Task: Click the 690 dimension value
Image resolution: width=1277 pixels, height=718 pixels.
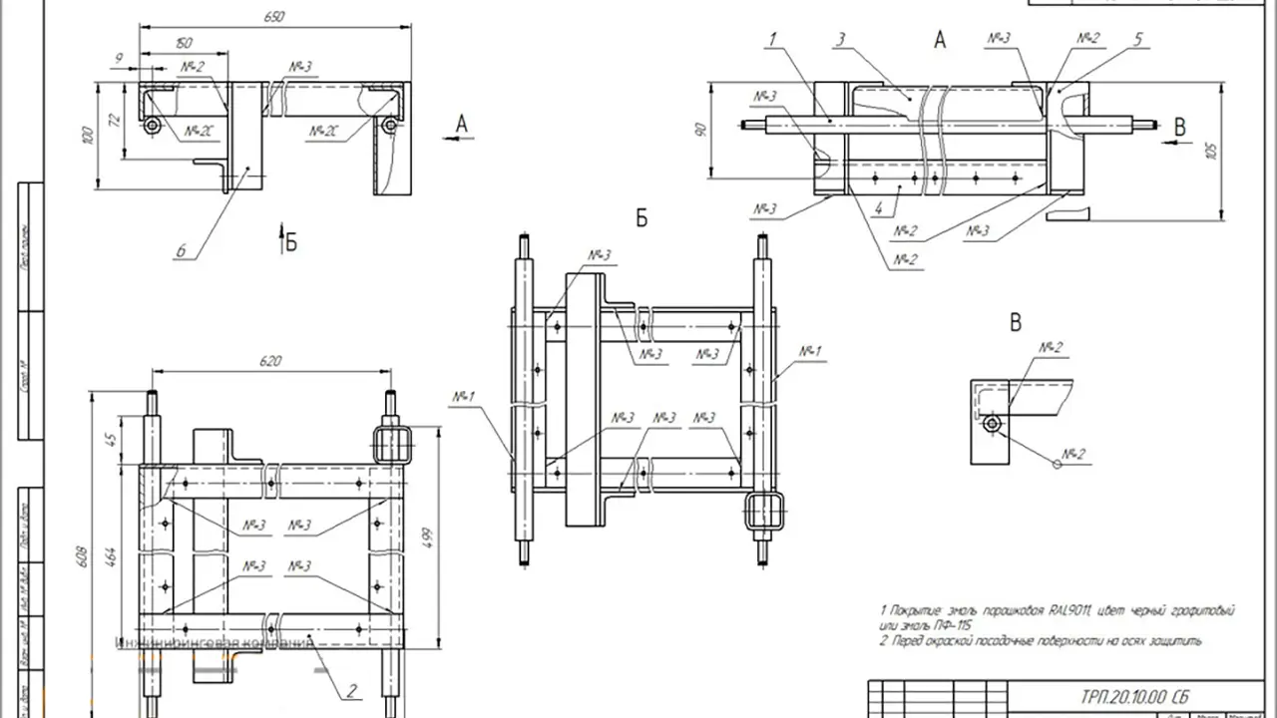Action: [276, 16]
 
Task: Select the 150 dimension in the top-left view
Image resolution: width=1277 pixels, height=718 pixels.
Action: [184, 44]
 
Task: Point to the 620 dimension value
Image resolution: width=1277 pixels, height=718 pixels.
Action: [270, 361]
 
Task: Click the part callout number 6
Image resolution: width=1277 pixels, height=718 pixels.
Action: [182, 250]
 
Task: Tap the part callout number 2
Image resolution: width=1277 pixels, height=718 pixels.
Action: [351, 688]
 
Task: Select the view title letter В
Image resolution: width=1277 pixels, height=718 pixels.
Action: [1016, 322]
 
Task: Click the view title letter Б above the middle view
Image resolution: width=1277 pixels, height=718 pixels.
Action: [641, 218]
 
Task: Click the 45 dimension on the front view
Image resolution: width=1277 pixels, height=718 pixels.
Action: [112, 437]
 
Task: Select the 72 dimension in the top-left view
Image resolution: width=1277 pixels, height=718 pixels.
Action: [113, 120]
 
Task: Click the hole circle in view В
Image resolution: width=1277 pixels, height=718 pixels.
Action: [990, 424]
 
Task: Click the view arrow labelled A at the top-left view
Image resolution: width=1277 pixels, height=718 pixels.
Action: [461, 124]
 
